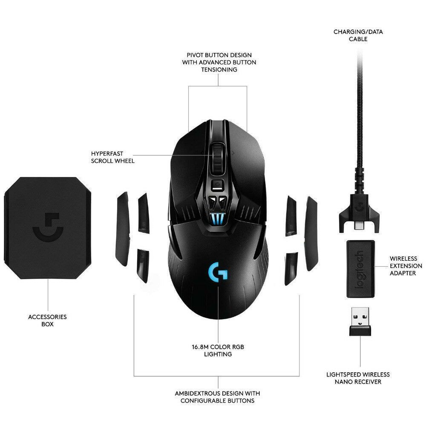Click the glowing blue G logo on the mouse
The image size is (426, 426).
point(218,271)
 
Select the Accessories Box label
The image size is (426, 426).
point(47,320)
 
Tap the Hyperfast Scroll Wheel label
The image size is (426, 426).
point(112,157)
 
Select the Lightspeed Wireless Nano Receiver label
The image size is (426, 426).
point(358,378)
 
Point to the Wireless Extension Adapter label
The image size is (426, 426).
point(406,266)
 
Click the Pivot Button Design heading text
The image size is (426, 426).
point(219,62)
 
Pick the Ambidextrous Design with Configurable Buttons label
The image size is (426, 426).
point(217,397)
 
